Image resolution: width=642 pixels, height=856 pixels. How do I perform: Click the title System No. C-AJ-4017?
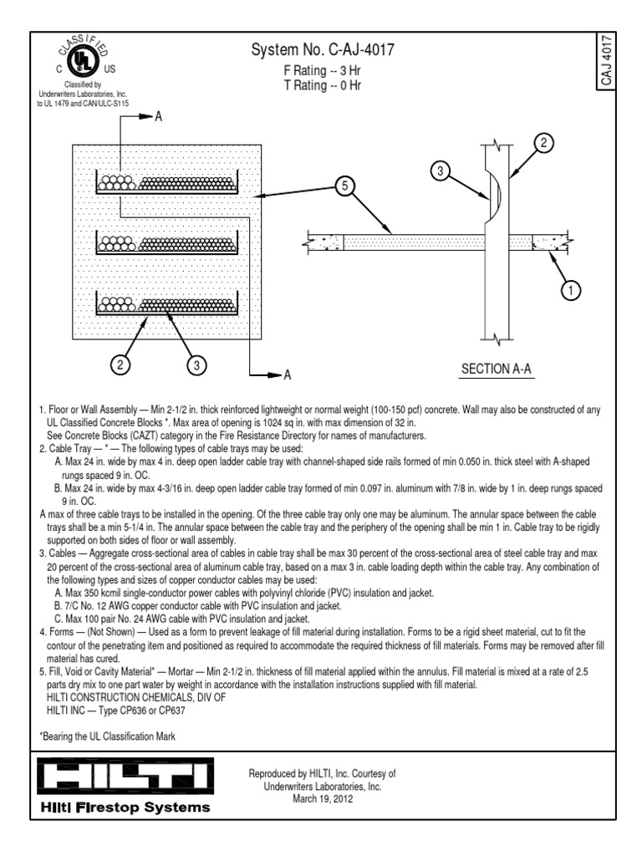[322, 52]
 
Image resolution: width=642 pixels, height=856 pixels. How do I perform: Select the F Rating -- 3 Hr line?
[322, 71]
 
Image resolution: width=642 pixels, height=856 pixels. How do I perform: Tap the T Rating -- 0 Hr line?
[322, 86]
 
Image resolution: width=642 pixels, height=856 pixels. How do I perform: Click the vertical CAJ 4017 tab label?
[608, 64]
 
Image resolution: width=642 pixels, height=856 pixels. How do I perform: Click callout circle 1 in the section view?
[570, 291]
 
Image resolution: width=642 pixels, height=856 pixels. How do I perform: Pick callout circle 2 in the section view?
[544, 143]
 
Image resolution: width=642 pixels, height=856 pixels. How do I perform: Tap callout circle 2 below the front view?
[121, 365]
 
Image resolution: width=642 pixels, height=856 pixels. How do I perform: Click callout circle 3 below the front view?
[196, 365]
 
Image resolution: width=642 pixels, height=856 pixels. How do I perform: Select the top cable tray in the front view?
[167, 184]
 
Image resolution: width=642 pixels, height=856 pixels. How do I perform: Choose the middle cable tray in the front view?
[167, 245]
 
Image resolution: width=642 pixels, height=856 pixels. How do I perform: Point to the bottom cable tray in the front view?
[167, 305]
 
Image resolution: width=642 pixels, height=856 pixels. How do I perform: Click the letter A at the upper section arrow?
[156, 119]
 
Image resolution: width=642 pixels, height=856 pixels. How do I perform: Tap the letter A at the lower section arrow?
[286, 375]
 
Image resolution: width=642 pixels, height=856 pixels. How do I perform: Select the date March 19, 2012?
[323, 799]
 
